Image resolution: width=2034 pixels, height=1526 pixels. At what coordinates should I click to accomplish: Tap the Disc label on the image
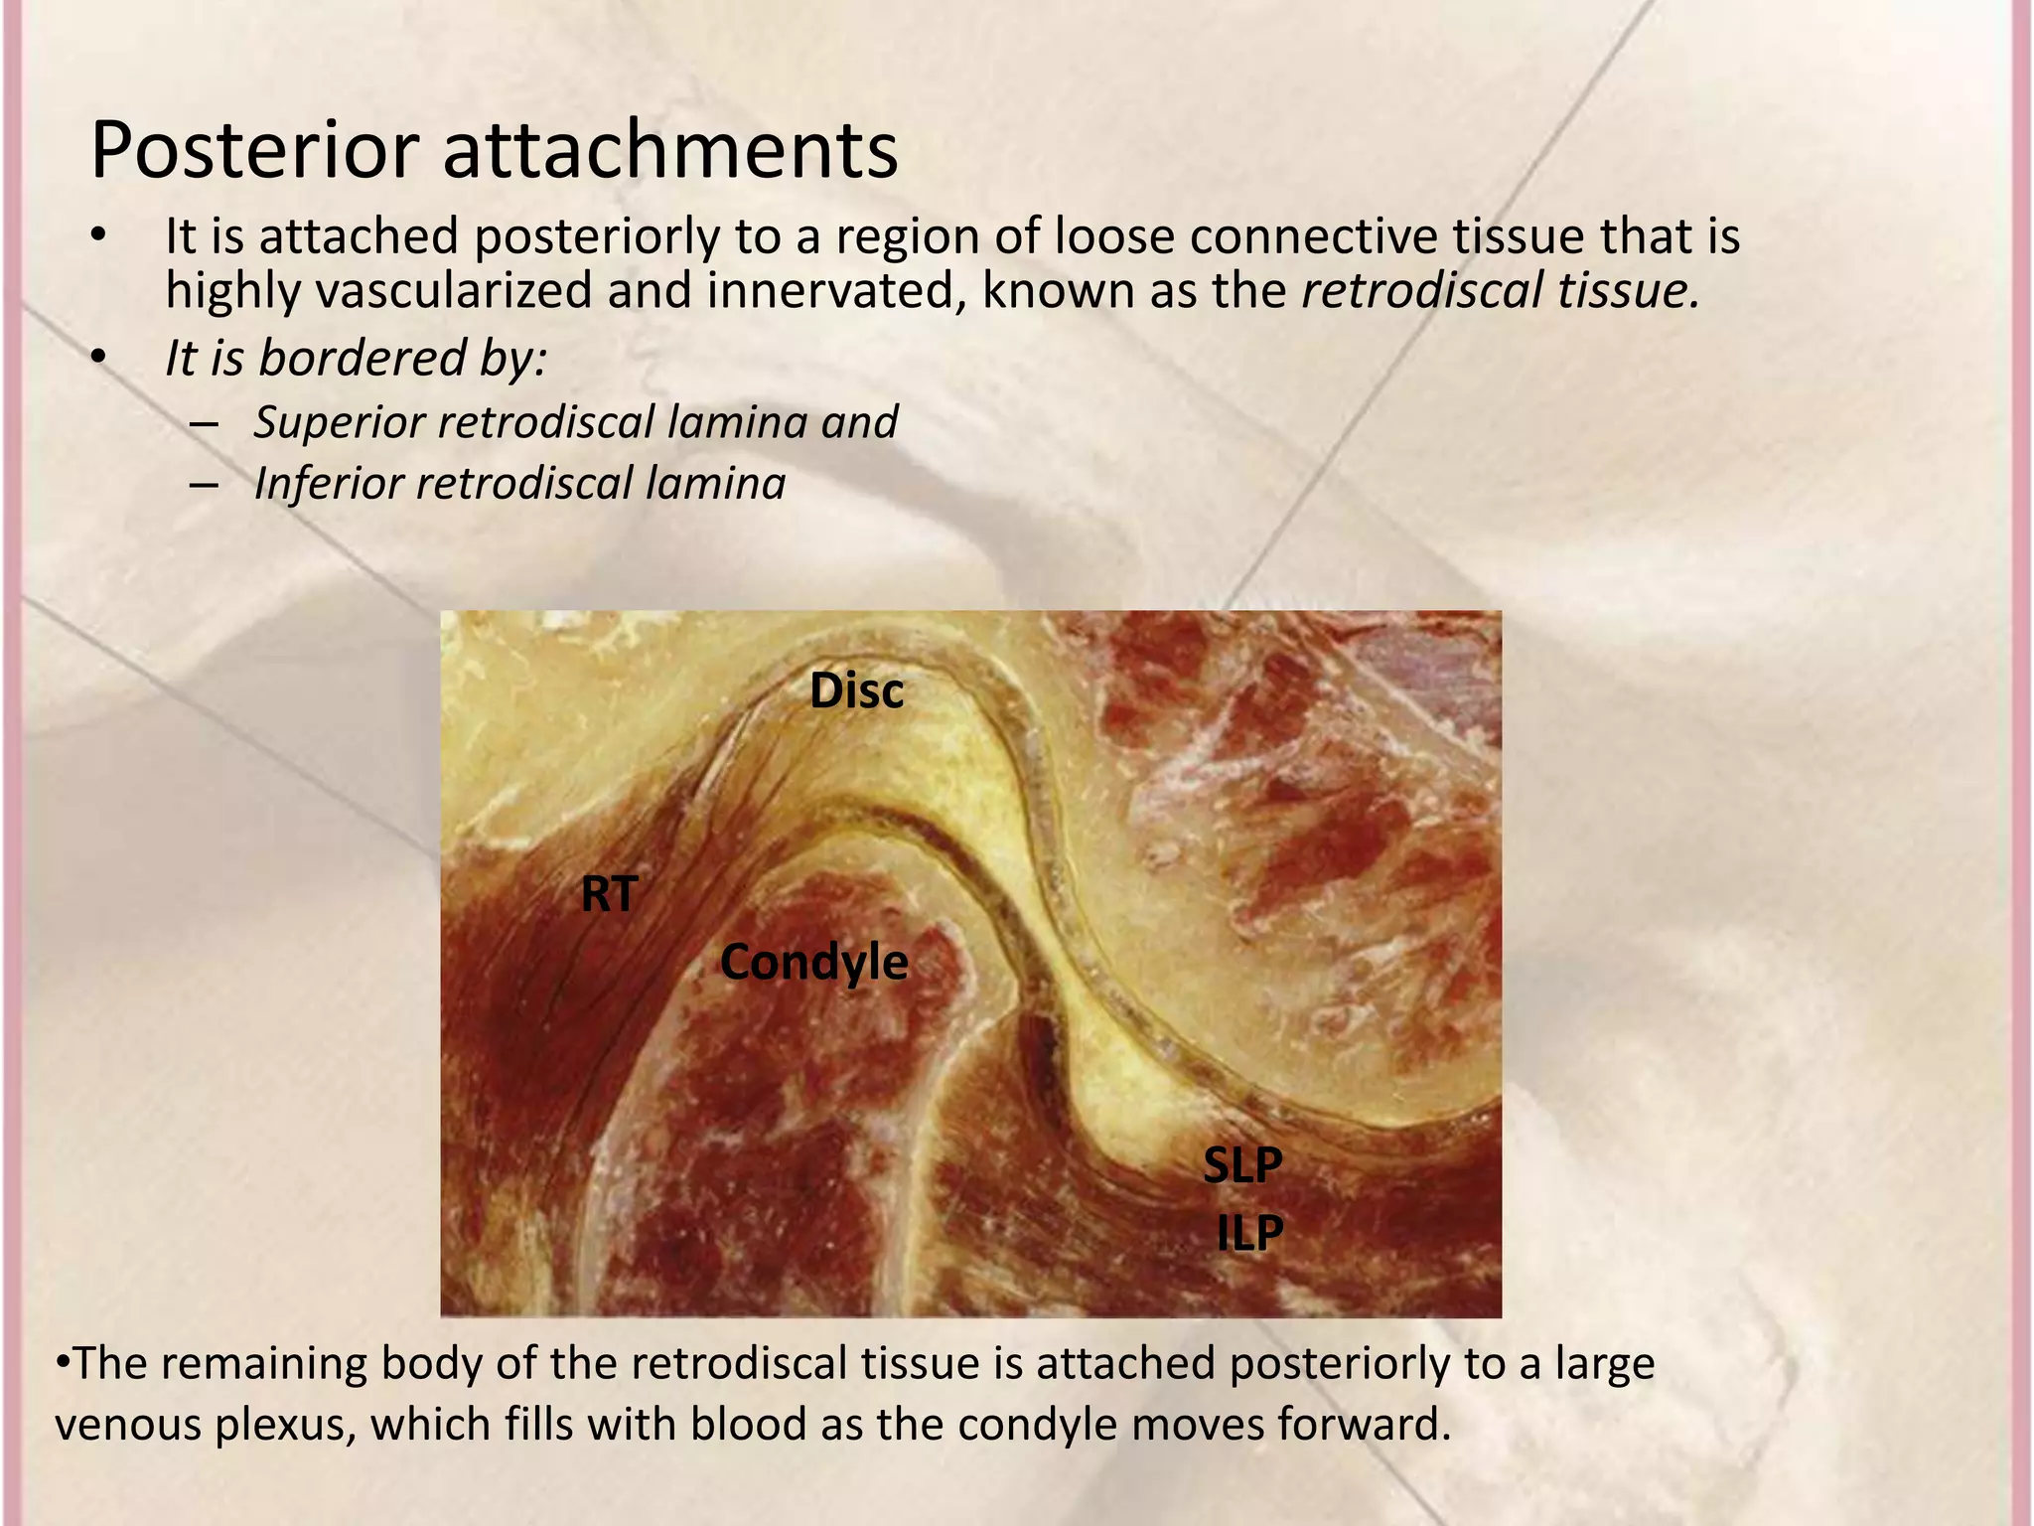[856, 690]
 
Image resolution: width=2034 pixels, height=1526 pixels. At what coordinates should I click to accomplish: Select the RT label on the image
[609, 894]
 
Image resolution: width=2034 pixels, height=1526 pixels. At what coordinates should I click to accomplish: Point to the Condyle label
[813, 962]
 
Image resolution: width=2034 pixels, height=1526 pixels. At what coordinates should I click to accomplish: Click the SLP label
[1242, 1164]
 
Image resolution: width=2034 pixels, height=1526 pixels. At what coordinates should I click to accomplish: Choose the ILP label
[1250, 1233]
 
